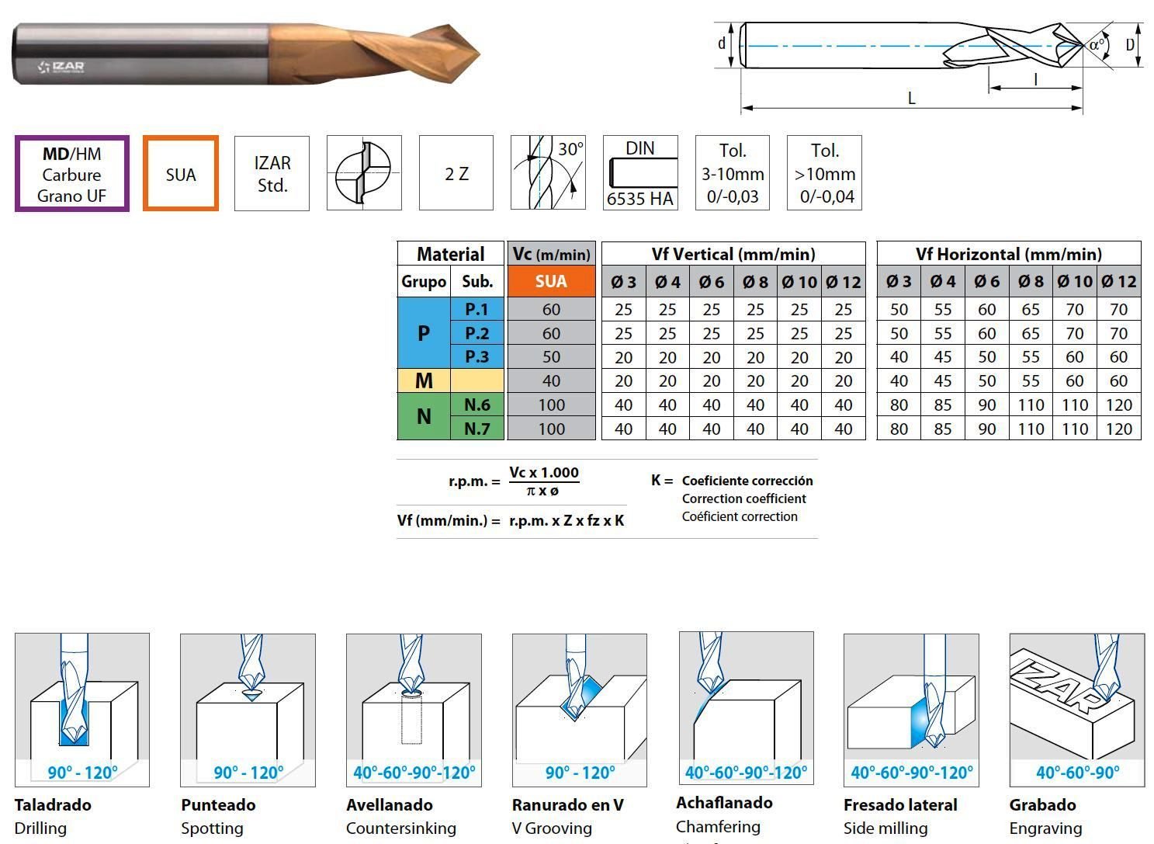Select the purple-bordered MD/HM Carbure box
[x=72, y=174]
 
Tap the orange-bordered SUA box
[x=181, y=174]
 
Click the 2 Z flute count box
[x=456, y=173]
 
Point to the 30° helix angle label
[x=570, y=150]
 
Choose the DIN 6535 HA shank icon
[x=640, y=173]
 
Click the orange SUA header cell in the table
[x=551, y=281]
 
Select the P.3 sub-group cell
[x=477, y=357]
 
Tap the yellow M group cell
[x=424, y=380]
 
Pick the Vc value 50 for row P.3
[x=551, y=357]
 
